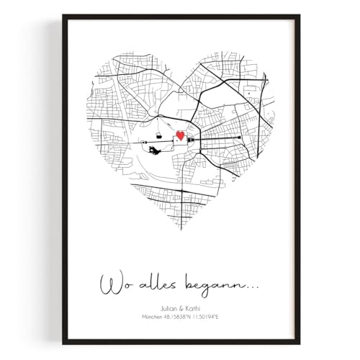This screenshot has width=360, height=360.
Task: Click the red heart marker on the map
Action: click(x=181, y=135)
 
